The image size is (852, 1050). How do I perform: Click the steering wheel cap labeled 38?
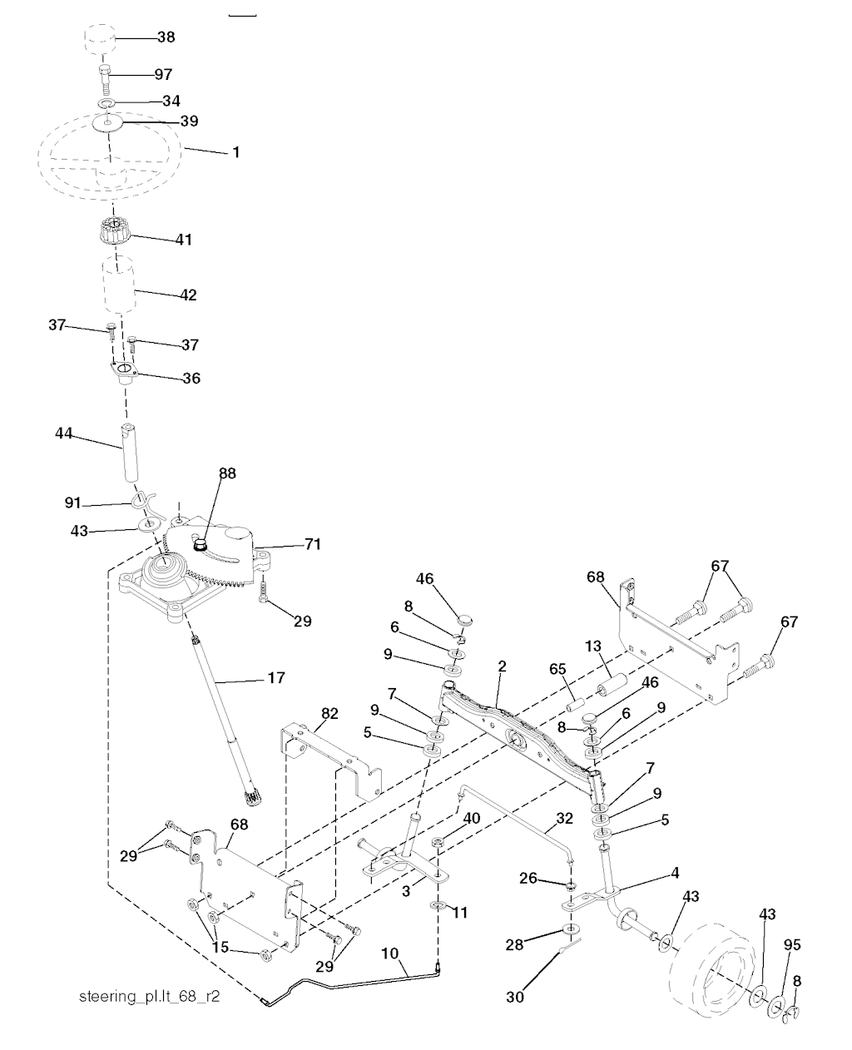pos(100,39)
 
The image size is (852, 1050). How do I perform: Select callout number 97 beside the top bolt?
pos(163,74)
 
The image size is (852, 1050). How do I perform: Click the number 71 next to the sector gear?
pos(313,544)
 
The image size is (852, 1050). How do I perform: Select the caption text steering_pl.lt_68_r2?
pos(149,996)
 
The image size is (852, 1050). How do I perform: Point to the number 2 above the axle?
pos(502,666)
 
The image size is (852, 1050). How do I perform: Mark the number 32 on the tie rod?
pos(564,819)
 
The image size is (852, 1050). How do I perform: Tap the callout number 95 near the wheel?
pos(792,945)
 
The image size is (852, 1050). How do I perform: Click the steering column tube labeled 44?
pos(130,452)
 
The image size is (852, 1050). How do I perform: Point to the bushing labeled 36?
pos(124,374)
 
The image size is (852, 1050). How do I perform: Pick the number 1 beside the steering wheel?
pos(235,151)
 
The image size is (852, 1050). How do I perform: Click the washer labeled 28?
pos(572,930)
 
